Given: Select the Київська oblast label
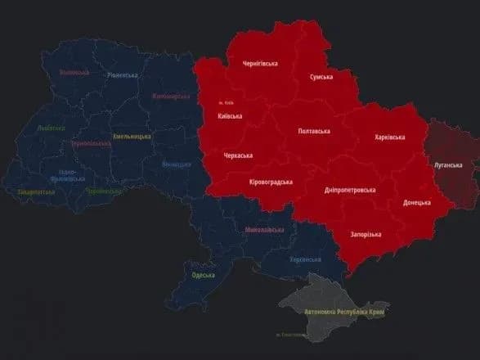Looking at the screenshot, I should coord(230,117).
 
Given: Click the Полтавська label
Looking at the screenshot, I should coord(315,131).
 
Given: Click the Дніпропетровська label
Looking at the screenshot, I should coord(349,189).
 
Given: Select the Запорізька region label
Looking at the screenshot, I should coord(366,235).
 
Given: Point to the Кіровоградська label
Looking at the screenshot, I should coord(271,182).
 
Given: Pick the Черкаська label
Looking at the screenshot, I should coord(238,155).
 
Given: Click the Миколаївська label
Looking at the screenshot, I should coord(265,230).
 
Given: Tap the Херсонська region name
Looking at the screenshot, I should coord(305,259).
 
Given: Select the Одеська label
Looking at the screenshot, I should coord(204,275).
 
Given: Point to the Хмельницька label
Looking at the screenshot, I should coord(131,136).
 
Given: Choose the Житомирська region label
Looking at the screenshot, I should coord(171,97).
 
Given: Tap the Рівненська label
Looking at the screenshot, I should coord(123,75).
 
